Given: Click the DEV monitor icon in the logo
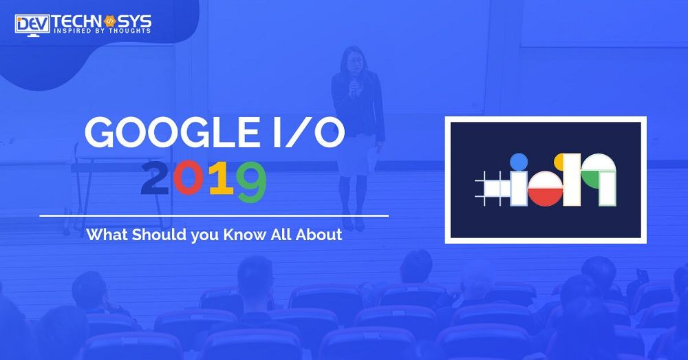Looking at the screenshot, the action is (33, 25).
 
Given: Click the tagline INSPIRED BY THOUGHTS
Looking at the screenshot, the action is (102, 31).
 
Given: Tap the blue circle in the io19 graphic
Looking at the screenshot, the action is (518, 162).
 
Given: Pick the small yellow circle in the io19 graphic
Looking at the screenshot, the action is (559, 161).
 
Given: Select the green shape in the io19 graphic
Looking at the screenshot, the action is (593, 178).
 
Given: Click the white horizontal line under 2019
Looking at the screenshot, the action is (214, 215).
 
